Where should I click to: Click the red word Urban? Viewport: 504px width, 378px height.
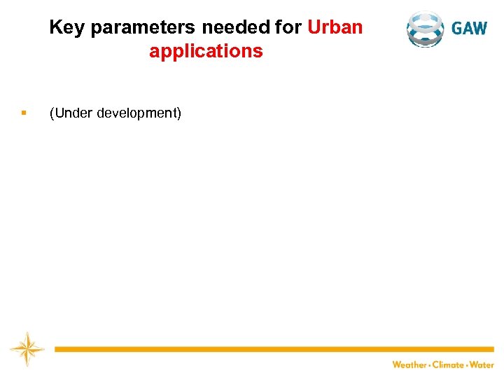click(335, 28)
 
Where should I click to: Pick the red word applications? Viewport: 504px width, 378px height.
click(206, 51)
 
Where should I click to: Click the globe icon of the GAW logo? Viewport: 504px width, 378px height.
click(425, 29)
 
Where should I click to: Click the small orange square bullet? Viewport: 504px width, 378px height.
click(24, 113)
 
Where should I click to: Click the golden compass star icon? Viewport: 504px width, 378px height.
click(27, 349)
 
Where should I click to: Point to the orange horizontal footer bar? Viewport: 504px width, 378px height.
click(273, 349)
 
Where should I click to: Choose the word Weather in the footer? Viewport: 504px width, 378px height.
click(409, 365)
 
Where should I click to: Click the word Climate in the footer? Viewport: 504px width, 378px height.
click(448, 365)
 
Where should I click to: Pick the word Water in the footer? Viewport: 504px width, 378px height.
click(482, 365)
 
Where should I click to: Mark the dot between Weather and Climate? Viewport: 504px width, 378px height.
click(429, 365)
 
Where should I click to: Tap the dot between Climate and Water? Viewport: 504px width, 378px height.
click(467, 365)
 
